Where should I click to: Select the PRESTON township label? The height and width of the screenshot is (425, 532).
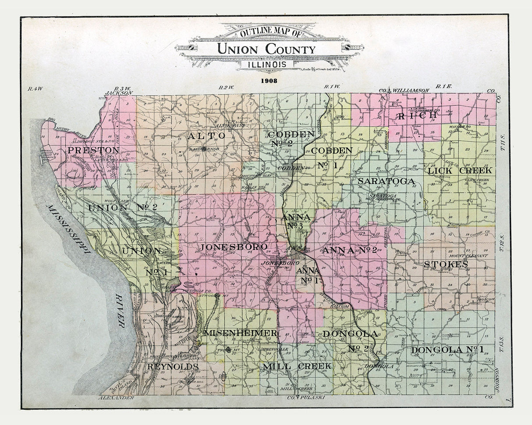(x=93, y=150)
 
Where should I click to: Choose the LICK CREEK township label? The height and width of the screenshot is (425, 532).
(x=460, y=170)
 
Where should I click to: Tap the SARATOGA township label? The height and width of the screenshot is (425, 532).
(x=386, y=181)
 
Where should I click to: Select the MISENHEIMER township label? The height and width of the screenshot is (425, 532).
(x=241, y=333)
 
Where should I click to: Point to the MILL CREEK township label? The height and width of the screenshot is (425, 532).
(x=297, y=365)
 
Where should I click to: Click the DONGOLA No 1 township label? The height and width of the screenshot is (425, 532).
(x=447, y=350)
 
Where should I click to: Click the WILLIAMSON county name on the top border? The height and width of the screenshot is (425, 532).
(x=411, y=90)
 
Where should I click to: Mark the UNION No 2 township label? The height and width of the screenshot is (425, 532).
(x=123, y=207)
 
